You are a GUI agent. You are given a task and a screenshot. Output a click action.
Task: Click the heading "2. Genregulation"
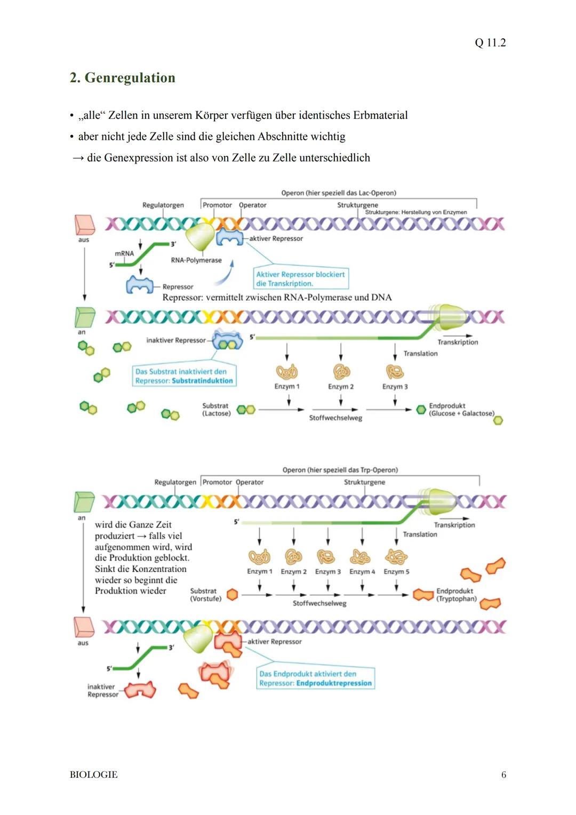(122, 78)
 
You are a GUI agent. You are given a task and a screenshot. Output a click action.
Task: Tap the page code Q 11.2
(490, 43)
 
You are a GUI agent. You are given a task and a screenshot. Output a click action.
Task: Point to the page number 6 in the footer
(503, 774)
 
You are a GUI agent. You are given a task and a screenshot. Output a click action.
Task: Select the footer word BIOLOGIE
(93, 774)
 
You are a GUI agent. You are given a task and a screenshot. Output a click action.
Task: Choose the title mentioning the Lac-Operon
(339, 193)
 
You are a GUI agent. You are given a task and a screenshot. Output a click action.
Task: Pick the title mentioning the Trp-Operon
(340, 470)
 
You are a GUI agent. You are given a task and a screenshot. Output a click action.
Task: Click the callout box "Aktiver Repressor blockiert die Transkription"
(301, 279)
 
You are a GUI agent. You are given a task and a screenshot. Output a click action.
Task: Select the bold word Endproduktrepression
(334, 683)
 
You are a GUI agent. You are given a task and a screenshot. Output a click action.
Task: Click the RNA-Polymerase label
(196, 260)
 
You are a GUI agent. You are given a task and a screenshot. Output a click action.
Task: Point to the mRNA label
(124, 253)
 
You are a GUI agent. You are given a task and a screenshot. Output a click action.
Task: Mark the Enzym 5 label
(396, 572)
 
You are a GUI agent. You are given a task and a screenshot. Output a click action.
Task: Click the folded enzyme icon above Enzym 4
(361, 557)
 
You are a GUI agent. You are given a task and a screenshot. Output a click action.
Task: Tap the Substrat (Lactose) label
(216, 410)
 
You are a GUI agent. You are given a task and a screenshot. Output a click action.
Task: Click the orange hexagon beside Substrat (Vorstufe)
(232, 595)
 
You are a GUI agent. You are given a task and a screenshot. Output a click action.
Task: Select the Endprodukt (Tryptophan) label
(456, 595)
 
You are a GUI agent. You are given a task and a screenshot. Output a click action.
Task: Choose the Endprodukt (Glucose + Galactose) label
(461, 410)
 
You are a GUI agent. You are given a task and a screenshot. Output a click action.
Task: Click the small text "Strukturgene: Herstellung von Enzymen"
(415, 212)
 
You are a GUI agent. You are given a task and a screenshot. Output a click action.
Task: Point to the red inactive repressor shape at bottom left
(141, 690)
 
